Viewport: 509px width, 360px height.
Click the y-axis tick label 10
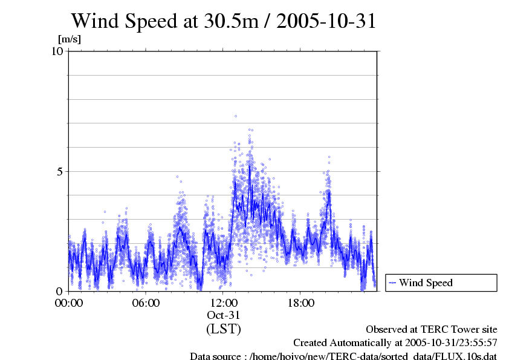pyautogui.click(x=57, y=51)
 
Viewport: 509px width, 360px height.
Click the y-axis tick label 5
pyautogui.click(x=60, y=171)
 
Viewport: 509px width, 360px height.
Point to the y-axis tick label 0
pyautogui.click(x=60, y=291)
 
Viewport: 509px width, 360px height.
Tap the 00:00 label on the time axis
pyautogui.click(x=69, y=303)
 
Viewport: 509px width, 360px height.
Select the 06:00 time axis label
pyautogui.click(x=146, y=303)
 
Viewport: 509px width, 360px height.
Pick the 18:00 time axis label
pyautogui.click(x=301, y=303)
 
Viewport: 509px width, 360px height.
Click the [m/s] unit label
pyautogui.click(x=69, y=39)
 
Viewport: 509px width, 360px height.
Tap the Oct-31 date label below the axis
pyautogui.click(x=224, y=315)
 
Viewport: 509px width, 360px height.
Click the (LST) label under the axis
pyautogui.click(x=224, y=329)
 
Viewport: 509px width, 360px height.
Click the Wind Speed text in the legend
pyautogui.click(x=426, y=283)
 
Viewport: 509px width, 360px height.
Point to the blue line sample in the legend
pyautogui.click(x=392, y=283)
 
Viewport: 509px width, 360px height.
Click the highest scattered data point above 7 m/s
pyautogui.click(x=236, y=116)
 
